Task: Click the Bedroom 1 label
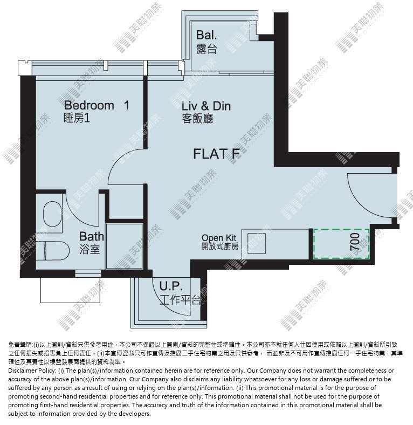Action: click(x=97, y=105)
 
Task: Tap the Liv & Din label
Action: click(x=206, y=106)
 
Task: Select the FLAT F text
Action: click(x=217, y=154)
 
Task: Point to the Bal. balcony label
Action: click(x=206, y=35)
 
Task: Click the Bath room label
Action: click(x=91, y=237)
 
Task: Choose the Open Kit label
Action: click(x=219, y=238)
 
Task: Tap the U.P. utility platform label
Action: click(x=171, y=286)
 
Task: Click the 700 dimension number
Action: click(x=355, y=242)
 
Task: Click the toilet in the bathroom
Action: click(x=53, y=251)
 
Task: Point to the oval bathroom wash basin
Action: click(x=53, y=214)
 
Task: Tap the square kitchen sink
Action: click(x=256, y=243)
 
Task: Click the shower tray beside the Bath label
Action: click(x=124, y=246)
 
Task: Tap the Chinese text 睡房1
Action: click(x=77, y=118)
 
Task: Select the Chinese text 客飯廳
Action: click(x=197, y=119)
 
